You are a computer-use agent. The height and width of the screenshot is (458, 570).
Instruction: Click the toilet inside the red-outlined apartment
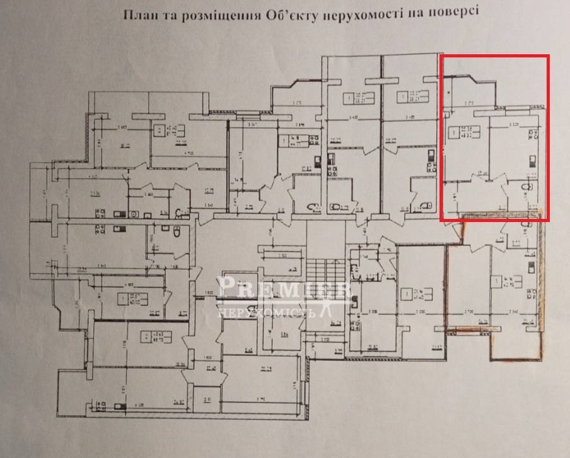(x=528, y=187)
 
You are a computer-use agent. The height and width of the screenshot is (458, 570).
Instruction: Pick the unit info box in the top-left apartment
(x=165, y=131)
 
